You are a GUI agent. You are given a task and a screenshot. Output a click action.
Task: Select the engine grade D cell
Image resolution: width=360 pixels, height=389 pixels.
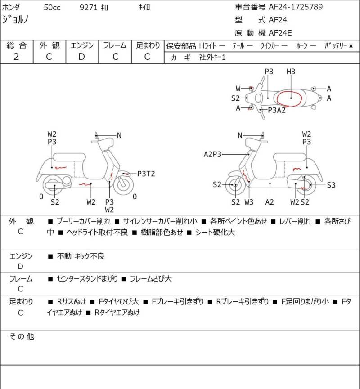tap(81, 56)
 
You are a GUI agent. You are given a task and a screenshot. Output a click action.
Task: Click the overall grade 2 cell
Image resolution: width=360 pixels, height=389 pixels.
tap(16, 56)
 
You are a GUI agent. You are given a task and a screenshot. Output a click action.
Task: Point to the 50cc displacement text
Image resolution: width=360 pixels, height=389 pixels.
tap(53, 7)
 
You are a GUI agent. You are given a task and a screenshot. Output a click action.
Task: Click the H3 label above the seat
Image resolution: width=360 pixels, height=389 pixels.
tap(291, 72)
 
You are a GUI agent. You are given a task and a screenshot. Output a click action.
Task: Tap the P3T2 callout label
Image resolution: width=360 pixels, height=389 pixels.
tap(146, 174)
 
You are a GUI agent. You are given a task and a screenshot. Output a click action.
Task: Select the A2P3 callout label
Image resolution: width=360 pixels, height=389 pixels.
tap(213, 154)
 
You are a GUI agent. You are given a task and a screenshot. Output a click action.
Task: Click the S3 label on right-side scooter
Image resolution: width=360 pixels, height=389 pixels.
tap(331, 184)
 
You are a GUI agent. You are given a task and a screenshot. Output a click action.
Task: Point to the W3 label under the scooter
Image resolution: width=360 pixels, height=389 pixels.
tap(249, 202)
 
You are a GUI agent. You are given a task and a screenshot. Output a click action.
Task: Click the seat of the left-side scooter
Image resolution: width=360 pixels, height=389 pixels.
tap(69, 157)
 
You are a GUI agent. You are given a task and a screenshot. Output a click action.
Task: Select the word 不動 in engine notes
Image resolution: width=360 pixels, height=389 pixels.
tap(64, 256)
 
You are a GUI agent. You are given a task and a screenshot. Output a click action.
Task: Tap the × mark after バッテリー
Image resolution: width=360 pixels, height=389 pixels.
tap(351, 46)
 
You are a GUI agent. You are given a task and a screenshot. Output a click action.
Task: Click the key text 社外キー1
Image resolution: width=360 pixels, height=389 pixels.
tap(212, 58)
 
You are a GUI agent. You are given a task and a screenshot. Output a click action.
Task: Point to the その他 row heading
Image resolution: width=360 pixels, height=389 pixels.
tap(22, 336)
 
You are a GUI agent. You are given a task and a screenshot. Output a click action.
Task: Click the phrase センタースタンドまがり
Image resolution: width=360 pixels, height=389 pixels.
tap(87, 279)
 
